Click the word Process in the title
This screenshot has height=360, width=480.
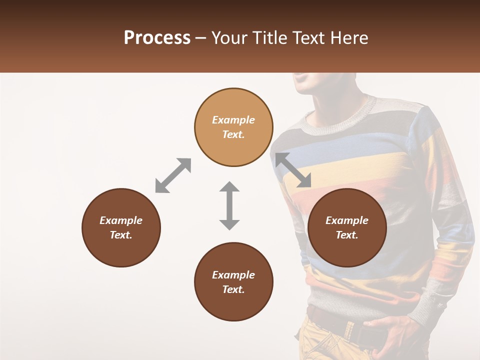click(x=157, y=38)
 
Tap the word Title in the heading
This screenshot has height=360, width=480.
click(x=269, y=38)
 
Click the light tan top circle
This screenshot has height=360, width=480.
click(x=233, y=127)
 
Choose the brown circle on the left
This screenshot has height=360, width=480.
click(x=121, y=227)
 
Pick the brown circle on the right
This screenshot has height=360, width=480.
click(x=347, y=227)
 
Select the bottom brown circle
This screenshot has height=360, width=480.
click(x=233, y=282)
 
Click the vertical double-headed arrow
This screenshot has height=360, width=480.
click(x=229, y=205)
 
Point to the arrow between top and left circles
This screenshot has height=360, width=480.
click(x=173, y=175)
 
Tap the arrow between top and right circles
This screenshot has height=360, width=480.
click(x=293, y=170)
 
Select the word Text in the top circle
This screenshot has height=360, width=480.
click(x=233, y=134)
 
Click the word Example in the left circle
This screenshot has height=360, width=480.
click(x=121, y=220)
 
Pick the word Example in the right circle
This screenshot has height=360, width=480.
click(x=347, y=220)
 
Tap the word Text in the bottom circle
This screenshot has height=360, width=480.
click(x=233, y=289)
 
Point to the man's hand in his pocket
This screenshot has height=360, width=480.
click(x=395, y=332)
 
